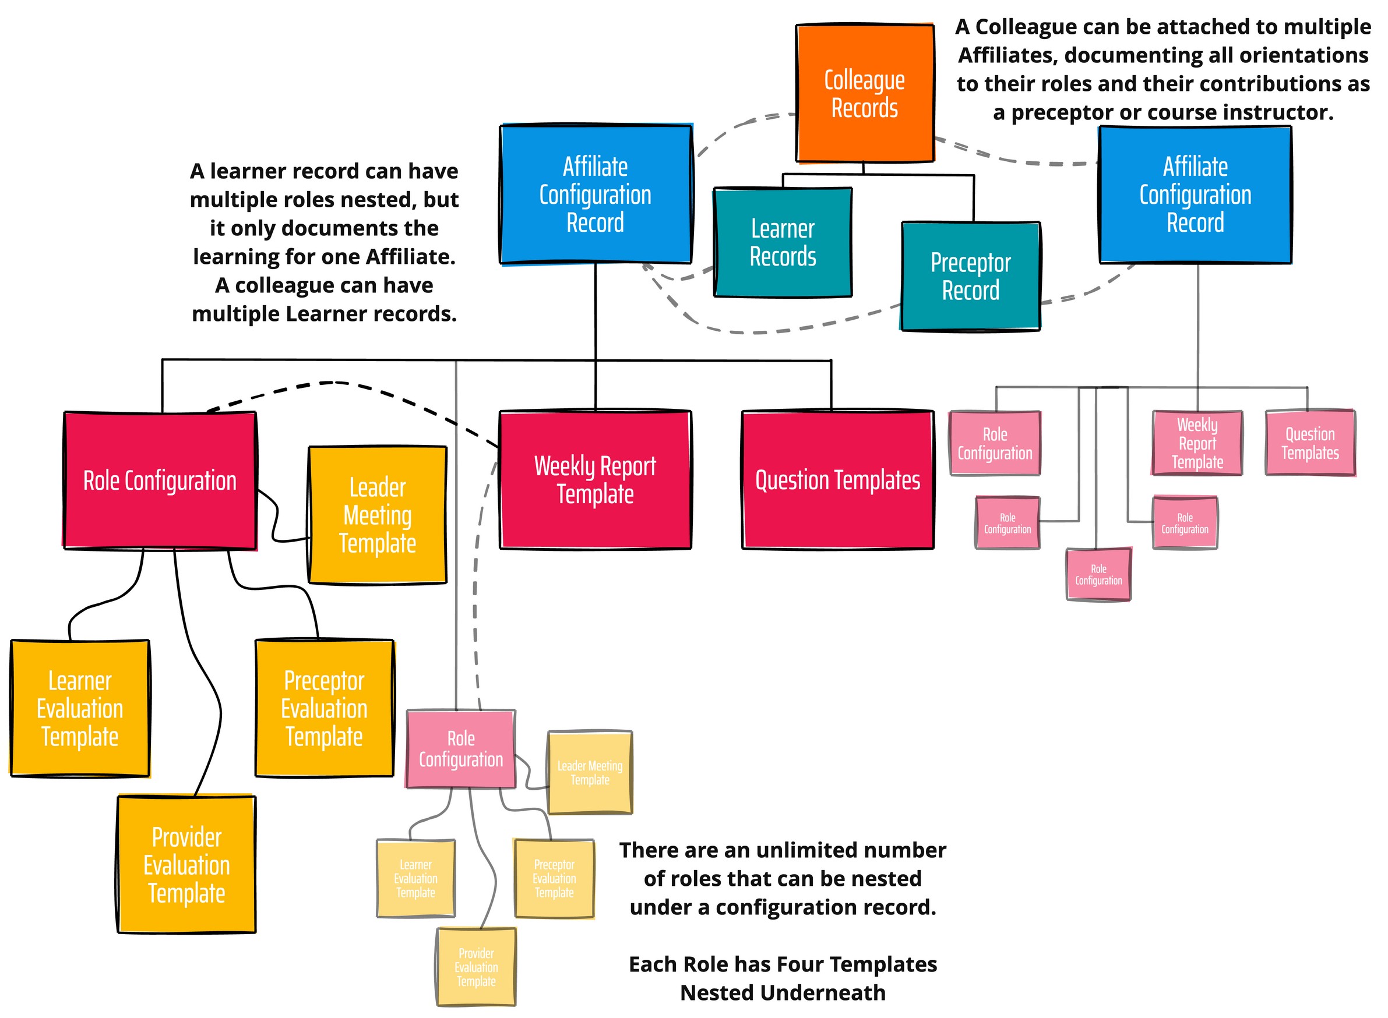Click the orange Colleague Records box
click(x=864, y=94)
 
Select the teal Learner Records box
click(x=783, y=242)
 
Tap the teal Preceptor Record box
click(x=970, y=276)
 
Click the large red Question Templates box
click(x=837, y=479)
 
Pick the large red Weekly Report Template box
click(x=595, y=479)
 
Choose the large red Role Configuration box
click(x=160, y=480)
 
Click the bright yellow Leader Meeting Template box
click(x=378, y=515)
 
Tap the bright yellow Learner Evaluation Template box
click(x=80, y=708)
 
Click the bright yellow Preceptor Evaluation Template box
click(x=324, y=708)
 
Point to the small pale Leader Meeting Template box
click(x=590, y=772)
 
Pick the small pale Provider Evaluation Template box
click(x=476, y=966)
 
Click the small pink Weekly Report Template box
click(x=1196, y=443)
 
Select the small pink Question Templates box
click(x=1310, y=443)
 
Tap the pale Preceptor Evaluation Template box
click(x=554, y=878)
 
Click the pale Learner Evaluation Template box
click(x=415, y=878)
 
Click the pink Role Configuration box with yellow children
click(x=460, y=749)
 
